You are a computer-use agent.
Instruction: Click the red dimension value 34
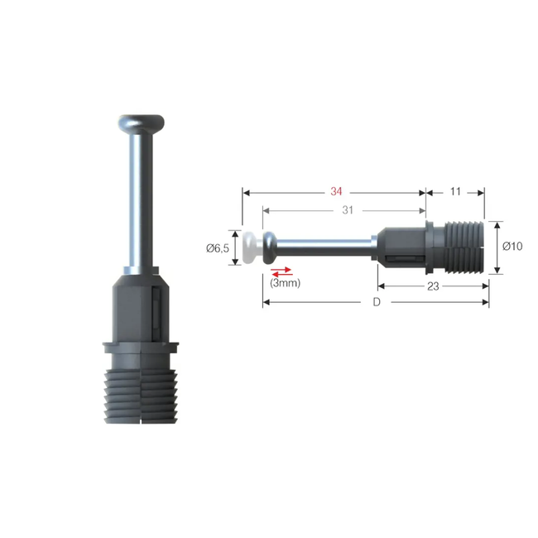pos(335,192)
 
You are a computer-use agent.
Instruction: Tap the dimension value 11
pos(455,192)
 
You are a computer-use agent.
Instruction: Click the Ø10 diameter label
pos(513,247)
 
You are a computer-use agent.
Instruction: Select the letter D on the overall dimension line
pos(376,303)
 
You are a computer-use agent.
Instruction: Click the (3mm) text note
pos(285,283)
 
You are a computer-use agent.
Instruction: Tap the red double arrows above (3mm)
pos(281,271)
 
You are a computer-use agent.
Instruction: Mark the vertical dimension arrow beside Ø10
pos(496,247)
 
